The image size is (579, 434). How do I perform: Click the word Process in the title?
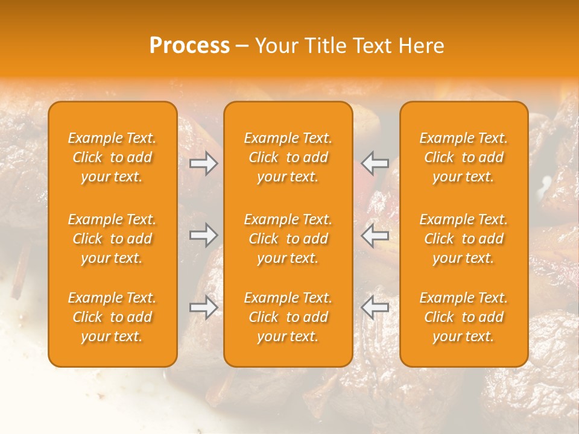click(x=189, y=46)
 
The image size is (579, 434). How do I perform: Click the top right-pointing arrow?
click(x=204, y=163)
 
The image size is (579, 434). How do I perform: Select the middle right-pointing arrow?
click(x=204, y=235)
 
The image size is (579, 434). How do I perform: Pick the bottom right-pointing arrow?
click(x=204, y=307)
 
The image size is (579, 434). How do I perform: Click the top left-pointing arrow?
click(x=375, y=163)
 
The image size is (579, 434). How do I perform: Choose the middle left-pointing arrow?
click(x=375, y=235)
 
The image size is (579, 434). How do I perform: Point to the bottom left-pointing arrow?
click(x=375, y=307)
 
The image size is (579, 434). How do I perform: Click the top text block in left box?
click(x=112, y=157)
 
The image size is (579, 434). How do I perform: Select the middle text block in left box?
click(x=112, y=239)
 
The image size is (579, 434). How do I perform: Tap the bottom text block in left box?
click(x=112, y=317)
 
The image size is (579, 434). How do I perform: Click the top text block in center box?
click(x=288, y=157)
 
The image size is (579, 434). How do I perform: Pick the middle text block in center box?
click(x=288, y=239)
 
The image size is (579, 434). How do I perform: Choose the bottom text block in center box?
click(x=288, y=317)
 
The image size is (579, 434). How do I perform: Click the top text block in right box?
click(x=464, y=157)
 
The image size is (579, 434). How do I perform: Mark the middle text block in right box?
click(x=464, y=239)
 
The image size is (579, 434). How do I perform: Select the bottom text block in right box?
click(x=464, y=317)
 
